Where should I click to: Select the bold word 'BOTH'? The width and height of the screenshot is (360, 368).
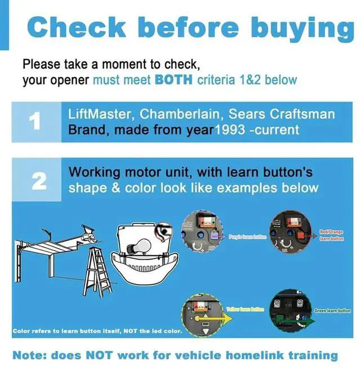[x=173, y=80]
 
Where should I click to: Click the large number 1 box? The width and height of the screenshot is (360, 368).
[x=34, y=122]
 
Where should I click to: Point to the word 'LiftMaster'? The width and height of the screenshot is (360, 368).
[x=99, y=114]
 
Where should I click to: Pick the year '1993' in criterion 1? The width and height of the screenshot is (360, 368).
[x=230, y=130]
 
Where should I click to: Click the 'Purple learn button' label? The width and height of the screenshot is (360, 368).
[x=247, y=237]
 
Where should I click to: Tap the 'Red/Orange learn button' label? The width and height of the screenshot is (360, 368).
[x=331, y=235]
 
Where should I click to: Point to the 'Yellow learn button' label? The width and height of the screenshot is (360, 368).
[x=244, y=309]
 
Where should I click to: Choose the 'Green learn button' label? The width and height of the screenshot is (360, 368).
[x=332, y=311]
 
